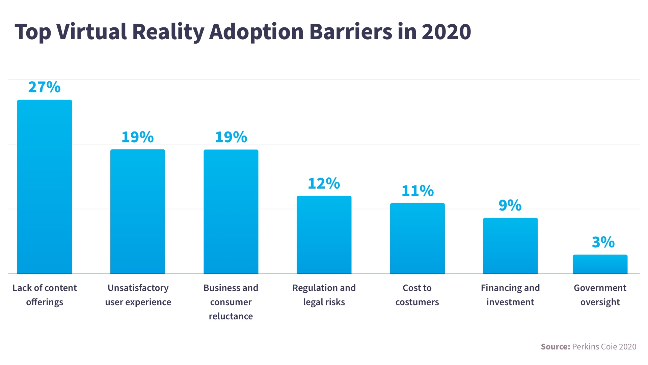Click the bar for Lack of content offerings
point(45,187)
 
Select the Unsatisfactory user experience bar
point(138,212)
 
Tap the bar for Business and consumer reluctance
point(231,212)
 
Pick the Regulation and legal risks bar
point(324,235)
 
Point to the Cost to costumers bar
point(417,238)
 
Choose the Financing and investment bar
point(510,246)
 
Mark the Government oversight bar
point(600,264)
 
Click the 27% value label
point(44,87)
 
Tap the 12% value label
point(324,184)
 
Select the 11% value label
point(417,191)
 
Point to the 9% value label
point(510,205)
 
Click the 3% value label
point(603,242)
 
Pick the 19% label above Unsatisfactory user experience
point(137,137)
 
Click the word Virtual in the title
point(91,32)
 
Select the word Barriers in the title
point(351,32)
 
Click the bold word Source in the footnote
point(555,347)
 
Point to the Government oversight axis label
point(600,295)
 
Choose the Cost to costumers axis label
point(417,295)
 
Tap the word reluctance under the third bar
point(231,316)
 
